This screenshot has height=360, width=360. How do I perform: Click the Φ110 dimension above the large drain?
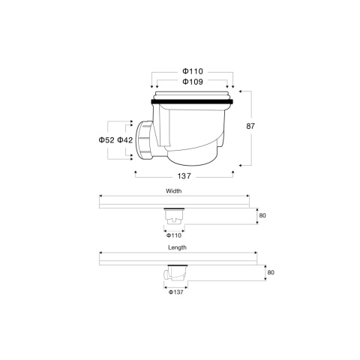[x=192, y=70]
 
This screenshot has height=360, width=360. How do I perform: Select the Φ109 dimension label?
[x=192, y=82]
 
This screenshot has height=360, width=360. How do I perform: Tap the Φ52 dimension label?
[x=106, y=139]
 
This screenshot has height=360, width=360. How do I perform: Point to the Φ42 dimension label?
[x=125, y=139]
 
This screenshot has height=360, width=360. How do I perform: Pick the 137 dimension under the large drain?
[x=184, y=175]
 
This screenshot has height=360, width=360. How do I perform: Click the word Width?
[x=174, y=190]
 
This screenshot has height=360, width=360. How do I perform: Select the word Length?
[x=178, y=247]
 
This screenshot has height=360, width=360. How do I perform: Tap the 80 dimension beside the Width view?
[x=262, y=215]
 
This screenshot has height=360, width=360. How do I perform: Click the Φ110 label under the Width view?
[x=173, y=235]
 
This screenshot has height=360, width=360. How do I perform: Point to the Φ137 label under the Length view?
[x=176, y=291]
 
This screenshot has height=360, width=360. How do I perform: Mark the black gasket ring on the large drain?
[x=193, y=100]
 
